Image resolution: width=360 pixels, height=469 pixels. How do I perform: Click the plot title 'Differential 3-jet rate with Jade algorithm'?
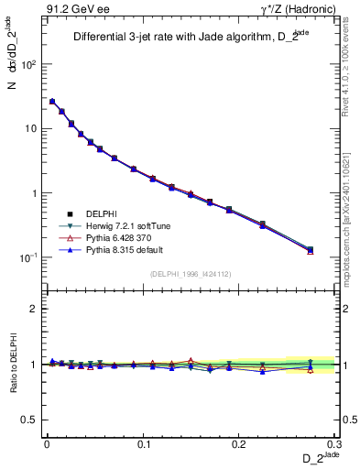tap(180, 38)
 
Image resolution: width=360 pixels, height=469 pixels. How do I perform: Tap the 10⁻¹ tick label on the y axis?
tap(27, 257)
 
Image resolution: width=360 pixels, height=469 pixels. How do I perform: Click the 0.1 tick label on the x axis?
tap(143, 443)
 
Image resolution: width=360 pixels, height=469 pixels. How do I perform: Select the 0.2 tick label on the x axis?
tap(240, 443)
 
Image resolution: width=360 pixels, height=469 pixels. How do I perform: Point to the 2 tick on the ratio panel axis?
tap(35, 309)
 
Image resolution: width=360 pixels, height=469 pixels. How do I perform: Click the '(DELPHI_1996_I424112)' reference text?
tap(189, 273)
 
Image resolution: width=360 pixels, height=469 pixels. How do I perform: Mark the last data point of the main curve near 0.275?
tap(310, 249)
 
